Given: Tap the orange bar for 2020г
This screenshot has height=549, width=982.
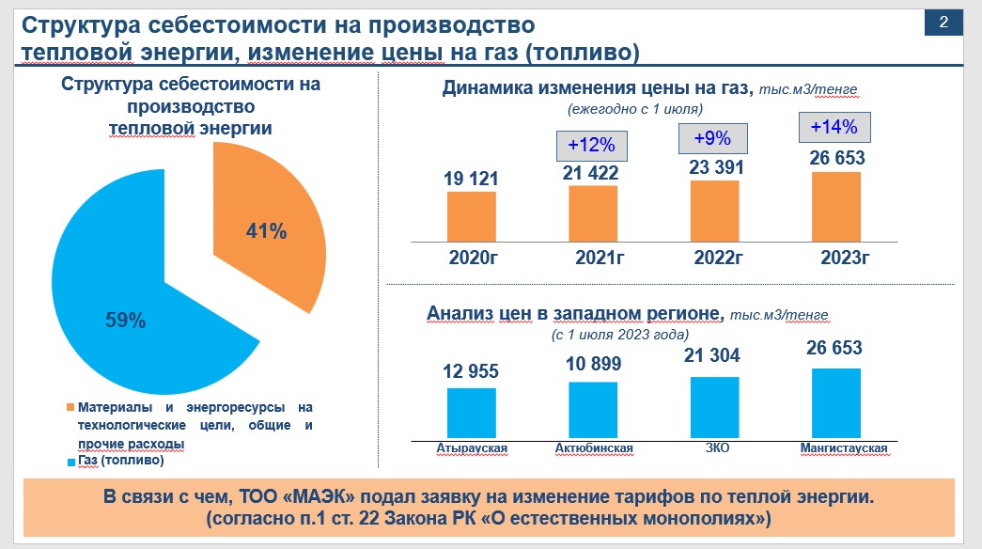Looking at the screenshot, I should point(471,217).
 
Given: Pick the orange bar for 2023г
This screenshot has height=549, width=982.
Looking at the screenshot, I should point(836,207).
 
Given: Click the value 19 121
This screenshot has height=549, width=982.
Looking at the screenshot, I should point(471,178).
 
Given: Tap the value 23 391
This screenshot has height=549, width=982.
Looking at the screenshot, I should point(714,167).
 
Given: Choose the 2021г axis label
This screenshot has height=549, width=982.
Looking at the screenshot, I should point(593,259).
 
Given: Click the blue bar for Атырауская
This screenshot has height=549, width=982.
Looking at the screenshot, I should point(471,413).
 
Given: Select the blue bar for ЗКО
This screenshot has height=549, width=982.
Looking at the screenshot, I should point(714,407).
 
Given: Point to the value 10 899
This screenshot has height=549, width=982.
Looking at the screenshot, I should point(593,365).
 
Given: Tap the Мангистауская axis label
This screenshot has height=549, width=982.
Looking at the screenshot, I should point(843,448).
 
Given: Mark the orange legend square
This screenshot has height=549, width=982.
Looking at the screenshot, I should point(70,408).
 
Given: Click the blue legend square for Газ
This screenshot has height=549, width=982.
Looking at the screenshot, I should point(70,463).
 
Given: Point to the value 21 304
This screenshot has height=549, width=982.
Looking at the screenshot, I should point(714,355).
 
